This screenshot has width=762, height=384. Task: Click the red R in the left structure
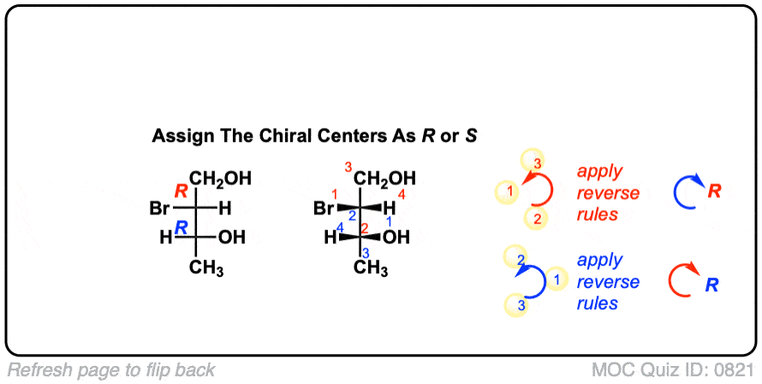pyautogui.click(x=182, y=190)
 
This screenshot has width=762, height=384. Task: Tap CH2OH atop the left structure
pyautogui.click(x=220, y=179)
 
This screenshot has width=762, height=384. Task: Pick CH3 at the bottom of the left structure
pyautogui.click(x=206, y=269)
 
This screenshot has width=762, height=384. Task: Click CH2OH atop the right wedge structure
pyautogui.click(x=384, y=179)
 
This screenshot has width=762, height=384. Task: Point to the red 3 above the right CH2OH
pyautogui.click(x=348, y=165)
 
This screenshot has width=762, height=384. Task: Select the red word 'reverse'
pyautogui.click(x=608, y=193)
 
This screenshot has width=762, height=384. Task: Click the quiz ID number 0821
pyautogui.click(x=734, y=370)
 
